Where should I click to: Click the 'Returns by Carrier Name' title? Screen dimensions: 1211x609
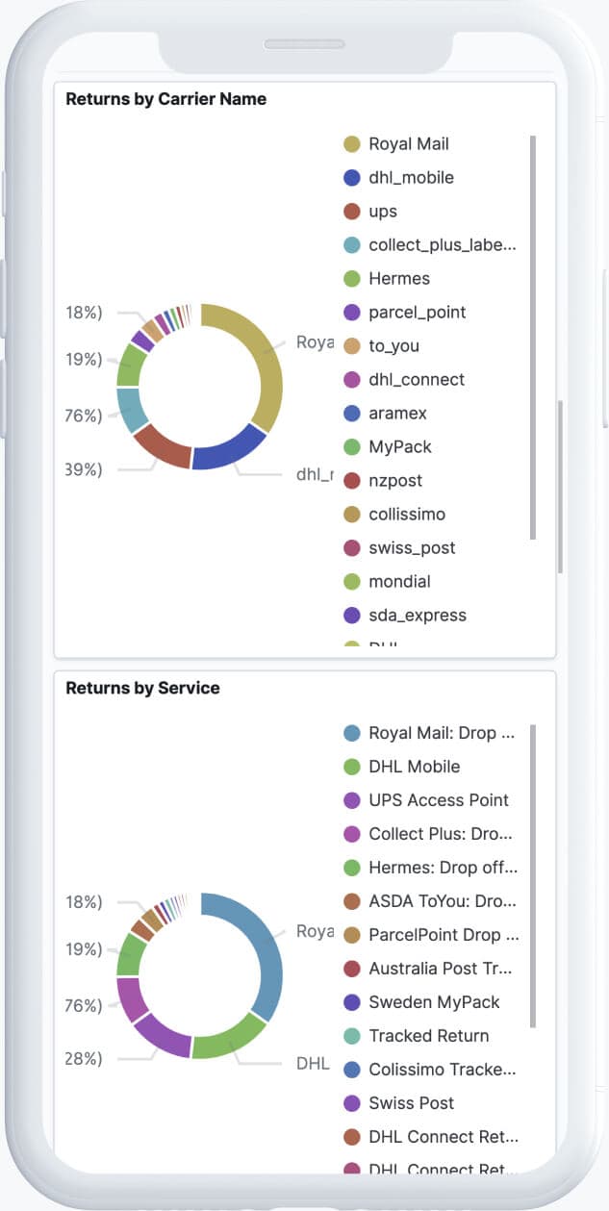[x=165, y=99]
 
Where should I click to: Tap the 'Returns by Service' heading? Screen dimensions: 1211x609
[x=142, y=688]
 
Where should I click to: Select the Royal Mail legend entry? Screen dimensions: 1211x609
[x=408, y=144]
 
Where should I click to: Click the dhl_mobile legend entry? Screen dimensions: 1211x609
[x=411, y=178]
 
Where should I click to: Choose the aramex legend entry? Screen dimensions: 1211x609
[x=397, y=414]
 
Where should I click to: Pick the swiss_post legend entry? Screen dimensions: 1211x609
[x=412, y=548]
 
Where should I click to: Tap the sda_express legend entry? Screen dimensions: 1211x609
[x=417, y=616]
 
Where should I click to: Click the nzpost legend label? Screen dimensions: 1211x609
[x=395, y=481]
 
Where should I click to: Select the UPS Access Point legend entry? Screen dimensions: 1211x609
[x=438, y=800]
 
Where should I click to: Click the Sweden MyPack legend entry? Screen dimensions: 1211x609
[x=434, y=1002]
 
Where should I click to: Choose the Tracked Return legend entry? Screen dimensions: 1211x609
[x=428, y=1036]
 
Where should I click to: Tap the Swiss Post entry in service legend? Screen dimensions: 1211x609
[x=411, y=1103]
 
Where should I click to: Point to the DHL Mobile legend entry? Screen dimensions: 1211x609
[x=414, y=767]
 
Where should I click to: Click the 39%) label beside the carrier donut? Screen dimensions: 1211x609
[x=85, y=469]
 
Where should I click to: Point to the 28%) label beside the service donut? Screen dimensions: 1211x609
[x=85, y=1058]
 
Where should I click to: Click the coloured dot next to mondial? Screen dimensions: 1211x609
[x=352, y=582]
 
